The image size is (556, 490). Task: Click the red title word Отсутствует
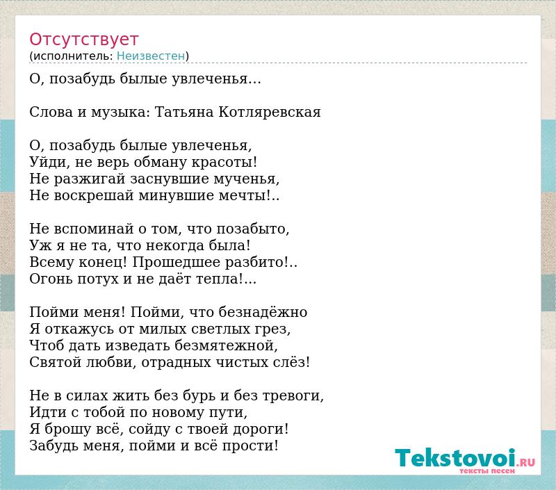(83, 39)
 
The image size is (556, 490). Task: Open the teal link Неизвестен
(151, 56)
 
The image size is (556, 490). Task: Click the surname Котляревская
(270, 112)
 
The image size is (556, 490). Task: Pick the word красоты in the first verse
(224, 163)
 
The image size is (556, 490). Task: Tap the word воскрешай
(94, 196)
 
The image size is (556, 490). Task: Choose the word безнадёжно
(263, 312)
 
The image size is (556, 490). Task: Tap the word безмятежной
(226, 345)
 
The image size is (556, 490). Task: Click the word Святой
(56, 362)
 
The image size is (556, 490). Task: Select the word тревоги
(293, 396)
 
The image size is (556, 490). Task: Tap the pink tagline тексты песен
(487, 471)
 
